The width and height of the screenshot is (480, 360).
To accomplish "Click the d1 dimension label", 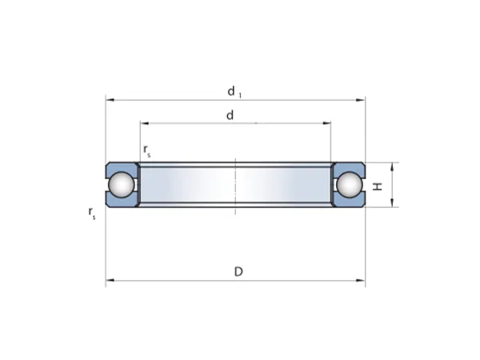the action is (x=234, y=92).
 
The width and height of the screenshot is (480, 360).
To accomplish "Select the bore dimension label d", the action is (x=230, y=115).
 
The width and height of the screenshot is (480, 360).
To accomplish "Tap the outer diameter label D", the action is (x=238, y=271).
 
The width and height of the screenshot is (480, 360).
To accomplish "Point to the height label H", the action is (x=378, y=186).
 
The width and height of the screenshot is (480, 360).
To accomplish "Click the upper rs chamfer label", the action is (x=147, y=150).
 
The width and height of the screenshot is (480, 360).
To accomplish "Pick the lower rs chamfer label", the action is (x=92, y=213).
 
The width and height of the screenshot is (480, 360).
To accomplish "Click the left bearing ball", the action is (x=122, y=185).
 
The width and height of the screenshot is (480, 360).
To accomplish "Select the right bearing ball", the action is (x=350, y=185).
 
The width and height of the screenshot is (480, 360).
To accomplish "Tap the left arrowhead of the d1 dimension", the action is (x=110, y=100).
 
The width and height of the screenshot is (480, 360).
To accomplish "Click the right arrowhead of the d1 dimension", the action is (x=361, y=100).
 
